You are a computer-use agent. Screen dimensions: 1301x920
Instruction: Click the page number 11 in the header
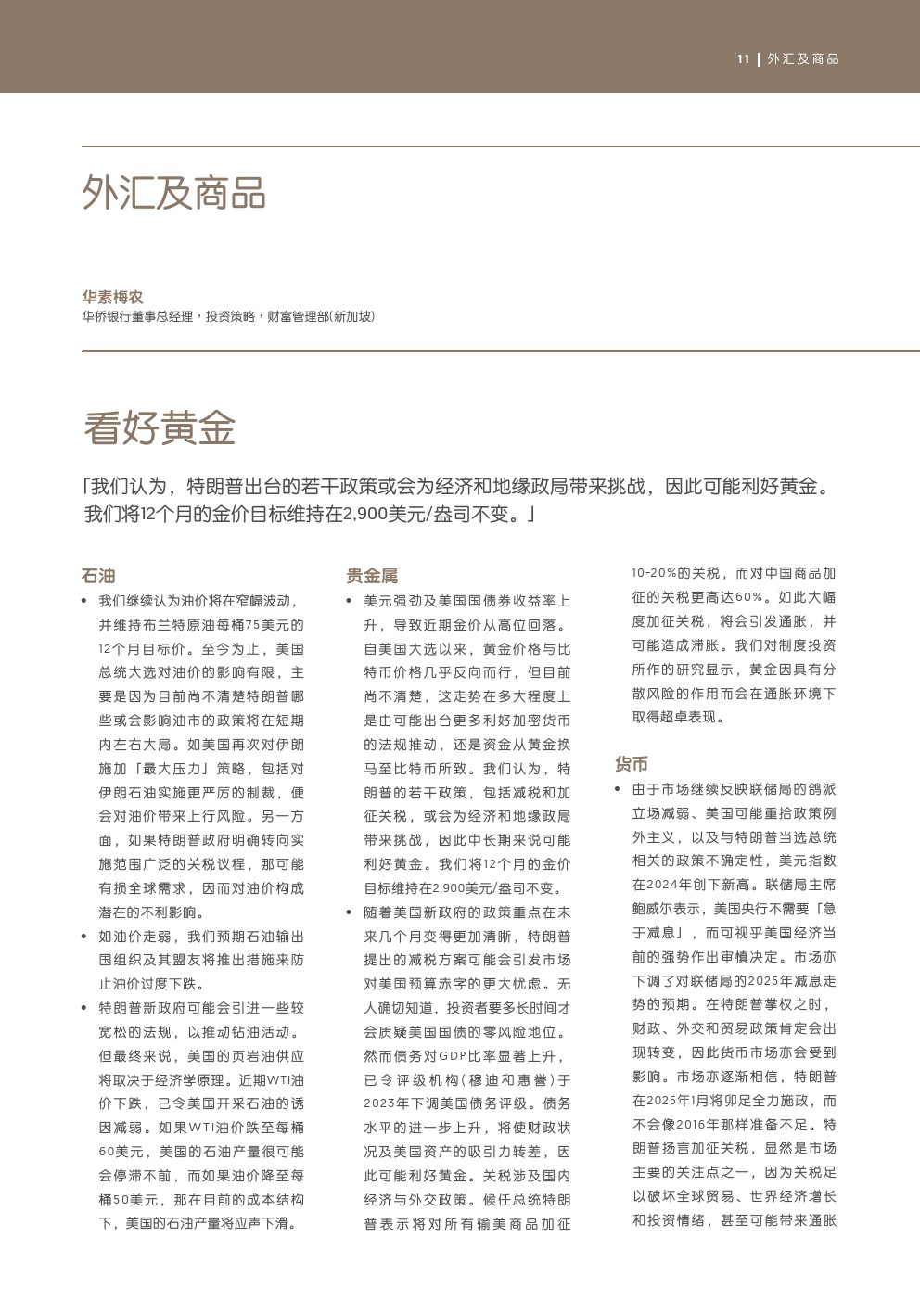pos(743,59)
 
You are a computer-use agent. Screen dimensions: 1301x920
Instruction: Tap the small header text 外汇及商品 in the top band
pos(803,59)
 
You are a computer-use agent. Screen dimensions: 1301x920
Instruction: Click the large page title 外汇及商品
pos(174,193)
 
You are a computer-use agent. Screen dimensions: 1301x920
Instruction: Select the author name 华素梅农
pos(112,297)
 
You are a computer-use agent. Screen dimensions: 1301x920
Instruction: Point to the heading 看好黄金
pos(160,427)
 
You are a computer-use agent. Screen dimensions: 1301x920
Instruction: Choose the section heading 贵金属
pos(372,576)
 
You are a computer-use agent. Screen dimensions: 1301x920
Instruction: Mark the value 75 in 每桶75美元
pos(253,625)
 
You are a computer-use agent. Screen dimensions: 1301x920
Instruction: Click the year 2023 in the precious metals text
pos(380,1104)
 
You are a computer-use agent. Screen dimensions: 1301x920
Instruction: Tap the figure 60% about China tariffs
pos(749,597)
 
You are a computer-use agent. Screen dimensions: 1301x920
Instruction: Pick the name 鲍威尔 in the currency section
pos(653,910)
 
